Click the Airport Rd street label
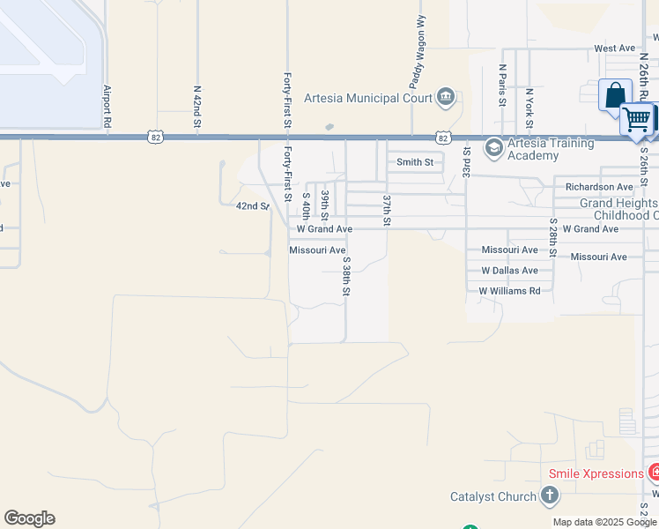click(107, 108)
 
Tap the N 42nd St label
click(197, 108)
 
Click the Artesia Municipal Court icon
click(446, 97)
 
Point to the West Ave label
click(614, 48)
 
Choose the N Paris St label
click(502, 85)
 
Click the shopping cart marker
click(637, 118)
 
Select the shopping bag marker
click(614, 94)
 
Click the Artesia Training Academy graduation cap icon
click(492, 145)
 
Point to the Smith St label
click(415, 162)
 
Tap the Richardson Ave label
click(599, 187)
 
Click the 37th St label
click(386, 211)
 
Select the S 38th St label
click(347, 277)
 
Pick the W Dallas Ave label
click(509, 271)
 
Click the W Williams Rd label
click(509, 291)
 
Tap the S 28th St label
click(553, 237)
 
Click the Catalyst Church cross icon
click(549, 495)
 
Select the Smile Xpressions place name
click(596, 473)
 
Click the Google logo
click(29, 518)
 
